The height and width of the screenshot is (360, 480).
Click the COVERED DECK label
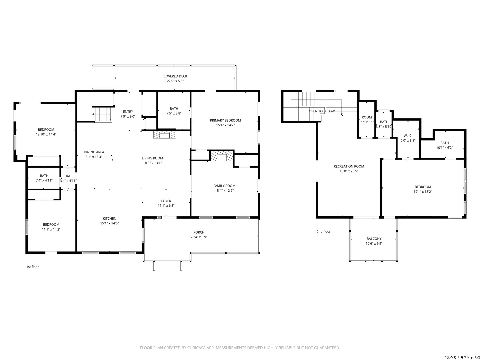(x=175, y=76)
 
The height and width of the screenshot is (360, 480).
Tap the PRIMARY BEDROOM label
(x=225, y=120)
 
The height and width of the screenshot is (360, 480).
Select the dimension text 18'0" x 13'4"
(x=152, y=163)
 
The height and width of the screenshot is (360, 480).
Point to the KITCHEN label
(x=110, y=219)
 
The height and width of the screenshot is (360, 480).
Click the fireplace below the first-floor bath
(x=164, y=135)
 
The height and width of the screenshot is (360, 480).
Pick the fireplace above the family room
(x=222, y=156)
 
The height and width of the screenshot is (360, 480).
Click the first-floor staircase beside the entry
(x=102, y=114)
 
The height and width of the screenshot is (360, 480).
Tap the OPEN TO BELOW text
(x=322, y=111)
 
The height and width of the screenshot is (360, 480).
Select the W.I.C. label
(x=408, y=136)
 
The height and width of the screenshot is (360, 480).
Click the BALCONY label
(x=374, y=239)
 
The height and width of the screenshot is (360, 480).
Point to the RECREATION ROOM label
(x=349, y=167)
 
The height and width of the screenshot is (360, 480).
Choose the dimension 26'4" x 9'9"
(x=199, y=237)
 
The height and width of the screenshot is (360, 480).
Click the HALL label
(x=68, y=176)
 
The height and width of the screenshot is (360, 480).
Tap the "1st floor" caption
(x=33, y=267)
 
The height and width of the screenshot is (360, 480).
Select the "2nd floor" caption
(x=323, y=232)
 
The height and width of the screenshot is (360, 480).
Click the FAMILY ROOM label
(x=224, y=186)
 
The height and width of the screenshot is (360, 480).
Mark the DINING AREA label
(x=94, y=152)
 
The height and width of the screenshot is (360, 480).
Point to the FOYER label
(x=166, y=201)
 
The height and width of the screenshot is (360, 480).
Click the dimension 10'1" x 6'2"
(x=444, y=148)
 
